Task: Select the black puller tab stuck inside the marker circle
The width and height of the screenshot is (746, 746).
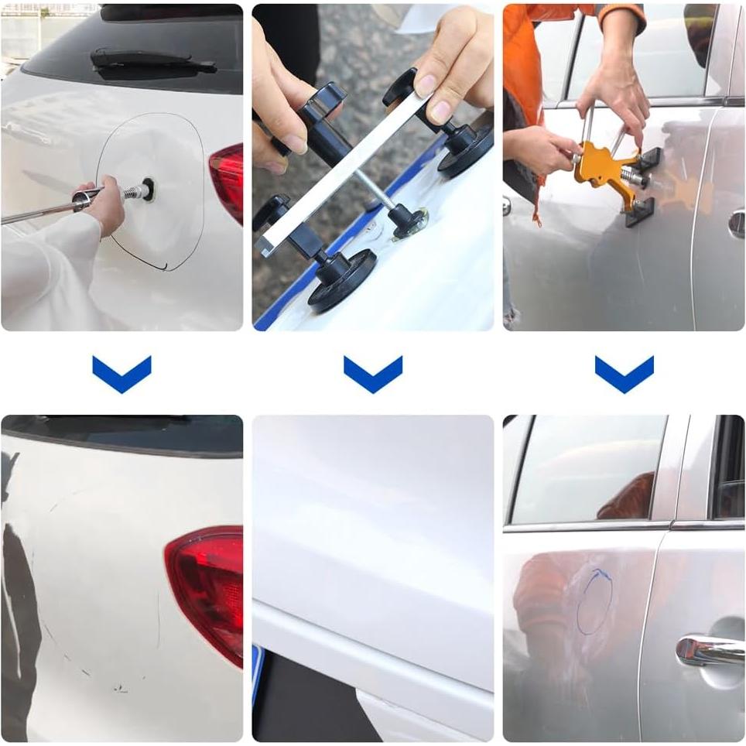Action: click(145, 189)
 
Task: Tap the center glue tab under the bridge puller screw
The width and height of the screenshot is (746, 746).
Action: click(409, 224)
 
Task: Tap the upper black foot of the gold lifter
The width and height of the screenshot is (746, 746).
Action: click(648, 158)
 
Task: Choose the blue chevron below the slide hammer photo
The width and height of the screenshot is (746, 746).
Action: click(121, 374)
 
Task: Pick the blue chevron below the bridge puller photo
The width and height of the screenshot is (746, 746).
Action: click(373, 374)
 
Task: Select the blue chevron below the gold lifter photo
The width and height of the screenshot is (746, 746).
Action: click(624, 374)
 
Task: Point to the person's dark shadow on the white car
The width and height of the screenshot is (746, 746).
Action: click(19, 619)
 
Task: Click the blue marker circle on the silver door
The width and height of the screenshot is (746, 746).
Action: click(594, 602)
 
